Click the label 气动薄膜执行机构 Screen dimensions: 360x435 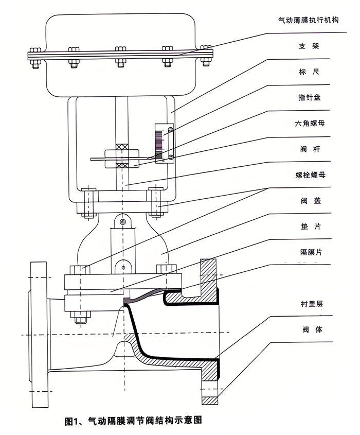pyautogui.click(x=308, y=20)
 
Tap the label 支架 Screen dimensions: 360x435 pyautogui.click(x=309, y=46)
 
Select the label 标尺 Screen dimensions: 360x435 pyautogui.click(x=309, y=72)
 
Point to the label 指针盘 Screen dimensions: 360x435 pyautogui.click(x=309, y=97)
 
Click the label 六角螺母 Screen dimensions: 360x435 pyautogui.click(x=310, y=123)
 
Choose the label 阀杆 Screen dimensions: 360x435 pyautogui.click(x=310, y=149)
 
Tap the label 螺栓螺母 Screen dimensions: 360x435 pyautogui.click(x=311, y=175)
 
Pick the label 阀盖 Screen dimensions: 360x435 pyautogui.click(x=311, y=201)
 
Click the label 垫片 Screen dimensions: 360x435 pyautogui.click(x=311, y=227)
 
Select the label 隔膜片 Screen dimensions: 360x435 pyautogui.click(x=311, y=252)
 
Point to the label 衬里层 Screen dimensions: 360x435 pyautogui.click(x=312, y=304)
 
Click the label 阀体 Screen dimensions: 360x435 pyautogui.click(x=312, y=329)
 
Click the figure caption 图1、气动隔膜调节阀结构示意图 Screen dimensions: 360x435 pyautogui.click(x=133, y=421)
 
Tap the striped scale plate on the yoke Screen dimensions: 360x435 pyautogui.click(x=158, y=144)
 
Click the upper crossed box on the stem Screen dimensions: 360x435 pyautogui.click(x=122, y=147)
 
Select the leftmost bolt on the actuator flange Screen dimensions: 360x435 pyautogui.click(x=35, y=58)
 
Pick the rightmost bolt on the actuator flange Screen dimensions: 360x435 pyautogui.click(x=206, y=56)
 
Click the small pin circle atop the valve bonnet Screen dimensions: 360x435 pyautogui.click(x=123, y=221)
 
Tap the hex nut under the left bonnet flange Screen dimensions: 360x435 pyautogui.click(x=80, y=317)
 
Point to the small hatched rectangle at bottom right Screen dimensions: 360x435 pyautogui.click(x=209, y=401)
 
